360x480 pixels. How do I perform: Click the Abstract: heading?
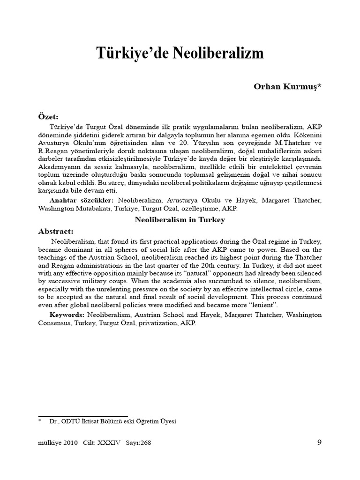(x=55, y=231)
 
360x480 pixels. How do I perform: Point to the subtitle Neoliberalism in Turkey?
(x=180, y=219)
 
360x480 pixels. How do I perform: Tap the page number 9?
(x=319, y=442)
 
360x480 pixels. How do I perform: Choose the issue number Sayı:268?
(x=138, y=442)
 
